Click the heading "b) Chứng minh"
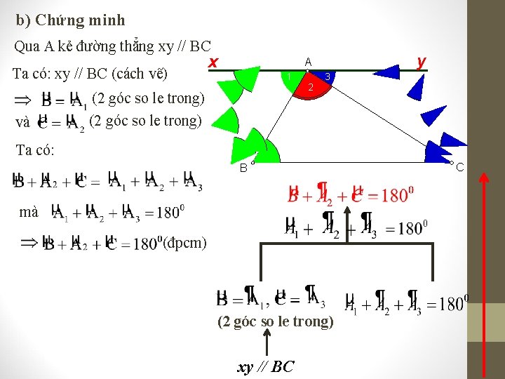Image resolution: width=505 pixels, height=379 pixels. pyautogui.click(x=70, y=21)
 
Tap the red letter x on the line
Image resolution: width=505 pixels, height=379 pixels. pyautogui.click(x=213, y=62)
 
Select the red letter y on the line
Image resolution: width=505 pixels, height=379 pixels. pyautogui.click(x=421, y=62)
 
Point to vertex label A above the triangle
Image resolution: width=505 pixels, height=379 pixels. pyautogui.click(x=308, y=61)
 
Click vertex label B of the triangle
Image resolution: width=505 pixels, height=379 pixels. pyautogui.click(x=243, y=168)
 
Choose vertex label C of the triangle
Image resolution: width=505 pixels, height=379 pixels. pyautogui.click(x=460, y=167)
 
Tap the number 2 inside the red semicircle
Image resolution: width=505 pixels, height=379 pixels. pyautogui.click(x=310, y=87)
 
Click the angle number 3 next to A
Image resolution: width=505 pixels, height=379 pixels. pyautogui.click(x=328, y=75)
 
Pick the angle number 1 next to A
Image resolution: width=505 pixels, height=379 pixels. pyautogui.click(x=288, y=76)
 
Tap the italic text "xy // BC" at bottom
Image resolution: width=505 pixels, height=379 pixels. pyautogui.click(x=266, y=366)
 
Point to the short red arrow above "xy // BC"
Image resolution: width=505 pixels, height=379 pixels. pyautogui.click(x=266, y=342)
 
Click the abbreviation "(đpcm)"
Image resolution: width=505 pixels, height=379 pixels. pyautogui.click(x=184, y=243)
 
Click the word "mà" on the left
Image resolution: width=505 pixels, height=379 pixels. pyautogui.click(x=29, y=211)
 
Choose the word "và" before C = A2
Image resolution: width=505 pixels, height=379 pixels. pyautogui.click(x=22, y=122)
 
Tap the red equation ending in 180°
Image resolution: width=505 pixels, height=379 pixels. pyautogui.click(x=348, y=194)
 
